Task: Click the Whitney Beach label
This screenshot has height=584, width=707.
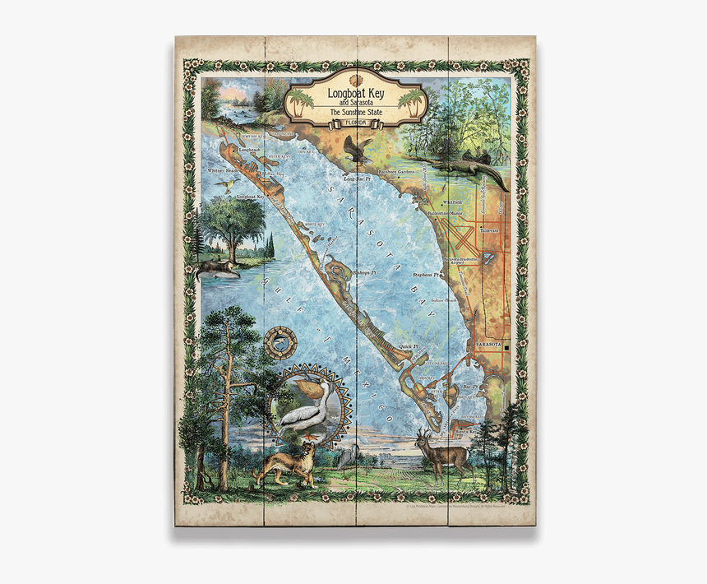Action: pos(222,170)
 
